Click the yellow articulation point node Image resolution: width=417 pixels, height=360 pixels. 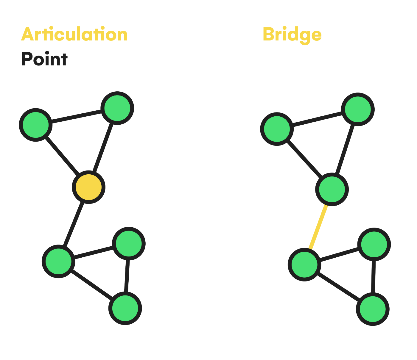click(88, 187)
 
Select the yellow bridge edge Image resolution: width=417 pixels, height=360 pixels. click(318, 227)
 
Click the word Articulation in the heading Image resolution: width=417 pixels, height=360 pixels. click(74, 35)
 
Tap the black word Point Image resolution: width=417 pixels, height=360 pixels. click(44, 59)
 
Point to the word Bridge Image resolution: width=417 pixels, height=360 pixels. click(292, 35)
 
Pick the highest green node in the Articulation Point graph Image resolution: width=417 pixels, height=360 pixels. click(117, 108)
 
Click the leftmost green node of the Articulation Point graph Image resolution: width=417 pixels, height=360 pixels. click(36, 125)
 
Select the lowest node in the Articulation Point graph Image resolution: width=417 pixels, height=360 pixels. click(125, 308)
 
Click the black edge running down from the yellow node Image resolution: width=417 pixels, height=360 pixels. click(74, 224)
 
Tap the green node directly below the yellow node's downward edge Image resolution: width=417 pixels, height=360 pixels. click(58, 262)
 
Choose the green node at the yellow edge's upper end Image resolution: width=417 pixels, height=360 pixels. click(332, 189)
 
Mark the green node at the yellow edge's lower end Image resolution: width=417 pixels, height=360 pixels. click(304, 264)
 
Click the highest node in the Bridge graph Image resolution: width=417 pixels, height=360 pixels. click(357, 109)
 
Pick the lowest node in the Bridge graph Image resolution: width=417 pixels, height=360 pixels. click(373, 309)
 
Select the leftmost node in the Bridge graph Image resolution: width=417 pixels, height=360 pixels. click(277, 129)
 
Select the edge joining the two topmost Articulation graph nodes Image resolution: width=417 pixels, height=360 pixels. click(77, 116)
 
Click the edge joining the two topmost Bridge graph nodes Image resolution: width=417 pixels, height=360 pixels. click(317, 119)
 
